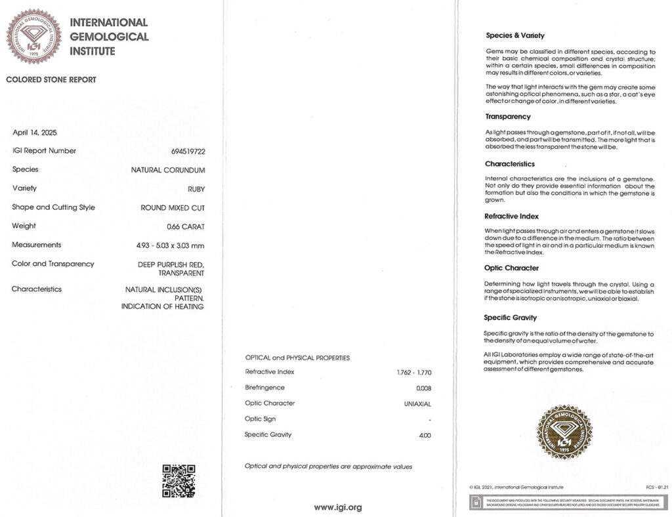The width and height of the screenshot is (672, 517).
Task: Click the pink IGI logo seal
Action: [x=33, y=36]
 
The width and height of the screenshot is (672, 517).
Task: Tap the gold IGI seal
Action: [x=564, y=431]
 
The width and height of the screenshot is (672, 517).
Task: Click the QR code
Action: [x=178, y=481]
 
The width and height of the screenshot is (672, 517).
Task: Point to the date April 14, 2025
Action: [x=35, y=133]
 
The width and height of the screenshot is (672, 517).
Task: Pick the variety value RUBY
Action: [x=196, y=189]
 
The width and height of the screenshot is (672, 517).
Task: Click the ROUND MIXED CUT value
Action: [x=173, y=207]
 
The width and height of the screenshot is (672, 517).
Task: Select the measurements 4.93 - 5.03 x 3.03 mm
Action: [x=170, y=245]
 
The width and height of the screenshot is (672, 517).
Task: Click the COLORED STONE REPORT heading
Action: [x=51, y=80]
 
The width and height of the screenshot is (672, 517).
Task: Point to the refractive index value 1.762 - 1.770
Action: [x=414, y=373]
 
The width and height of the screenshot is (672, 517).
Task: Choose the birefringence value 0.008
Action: [x=424, y=388]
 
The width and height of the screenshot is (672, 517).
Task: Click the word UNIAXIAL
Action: [x=417, y=403]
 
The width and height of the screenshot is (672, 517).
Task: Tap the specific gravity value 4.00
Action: [x=425, y=435]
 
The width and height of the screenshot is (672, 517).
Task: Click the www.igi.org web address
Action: [x=337, y=507]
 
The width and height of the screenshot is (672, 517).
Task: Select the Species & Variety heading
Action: [x=515, y=35]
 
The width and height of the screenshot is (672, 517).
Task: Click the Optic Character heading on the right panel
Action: [x=512, y=268]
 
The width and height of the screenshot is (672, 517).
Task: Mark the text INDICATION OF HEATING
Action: [x=162, y=306]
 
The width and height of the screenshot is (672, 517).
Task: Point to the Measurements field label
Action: [x=36, y=245]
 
